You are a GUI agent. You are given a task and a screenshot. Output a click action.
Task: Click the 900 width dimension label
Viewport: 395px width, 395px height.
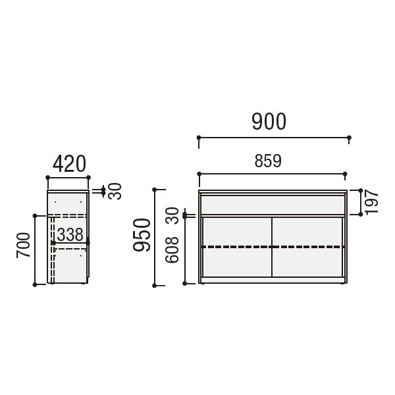click(269, 121)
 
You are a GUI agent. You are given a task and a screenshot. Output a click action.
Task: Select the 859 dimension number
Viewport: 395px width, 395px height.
click(268, 161)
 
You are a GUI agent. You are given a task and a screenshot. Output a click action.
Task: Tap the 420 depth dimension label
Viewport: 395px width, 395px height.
click(69, 164)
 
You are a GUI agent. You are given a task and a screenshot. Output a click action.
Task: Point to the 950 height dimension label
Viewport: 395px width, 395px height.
click(142, 235)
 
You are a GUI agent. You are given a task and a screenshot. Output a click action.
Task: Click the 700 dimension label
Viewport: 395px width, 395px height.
click(23, 245)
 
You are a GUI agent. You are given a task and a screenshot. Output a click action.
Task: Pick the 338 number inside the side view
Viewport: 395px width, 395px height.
click(70, 234)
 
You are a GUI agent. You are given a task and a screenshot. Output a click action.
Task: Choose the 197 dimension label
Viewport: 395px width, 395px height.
click(371, 203)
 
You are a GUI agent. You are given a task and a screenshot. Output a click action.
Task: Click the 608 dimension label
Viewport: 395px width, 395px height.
click(172, 250)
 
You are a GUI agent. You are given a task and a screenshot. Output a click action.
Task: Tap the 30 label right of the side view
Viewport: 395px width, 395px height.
click(115, 191)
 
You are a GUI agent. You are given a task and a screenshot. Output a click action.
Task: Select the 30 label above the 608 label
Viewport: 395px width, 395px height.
click(172, 216)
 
